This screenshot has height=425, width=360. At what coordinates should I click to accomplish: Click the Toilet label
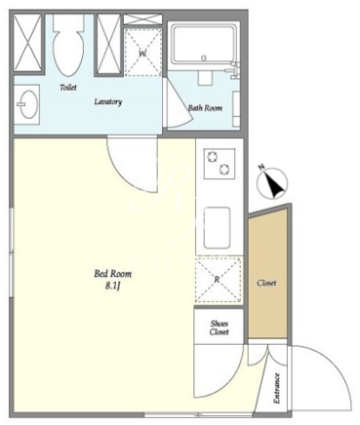click(x=68, y=87)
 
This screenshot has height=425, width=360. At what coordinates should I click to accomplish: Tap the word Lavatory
click(x=108, y=101)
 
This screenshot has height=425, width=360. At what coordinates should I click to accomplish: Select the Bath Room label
click(x=205, y=108)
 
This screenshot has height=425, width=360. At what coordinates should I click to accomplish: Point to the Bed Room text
click(x=113, y=274)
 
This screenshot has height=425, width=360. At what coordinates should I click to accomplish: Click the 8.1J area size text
click(x=113, y=286)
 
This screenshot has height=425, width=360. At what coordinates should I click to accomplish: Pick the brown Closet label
click(x=266, y=283)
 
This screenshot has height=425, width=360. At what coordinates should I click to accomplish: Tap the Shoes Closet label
click(x=219, y=328)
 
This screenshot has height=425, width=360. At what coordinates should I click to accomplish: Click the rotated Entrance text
click(x=277, y=388)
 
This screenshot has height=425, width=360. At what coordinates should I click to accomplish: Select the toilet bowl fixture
click(x=67, y=46)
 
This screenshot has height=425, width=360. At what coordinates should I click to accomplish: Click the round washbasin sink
click(x=28, y=104)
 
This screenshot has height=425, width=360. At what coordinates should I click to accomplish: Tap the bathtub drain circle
click(x=204, y=58)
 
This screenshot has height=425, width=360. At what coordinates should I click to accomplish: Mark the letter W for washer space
click(x=142, y=54)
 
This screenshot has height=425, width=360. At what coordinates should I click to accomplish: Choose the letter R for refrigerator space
click(x=218, y=279)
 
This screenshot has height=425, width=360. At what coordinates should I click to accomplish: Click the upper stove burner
click(x=212, y=157)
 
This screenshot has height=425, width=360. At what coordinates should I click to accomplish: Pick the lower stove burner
click(x=224, y=170)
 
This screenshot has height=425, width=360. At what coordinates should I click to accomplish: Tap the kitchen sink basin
click(x=217, y=227)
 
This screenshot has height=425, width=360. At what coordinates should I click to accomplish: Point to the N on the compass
click(x=260, y=168)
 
